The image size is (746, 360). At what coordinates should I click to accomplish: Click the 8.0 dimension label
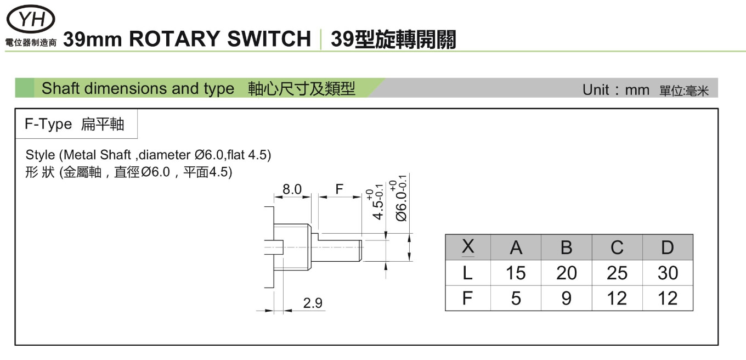pos(292,190)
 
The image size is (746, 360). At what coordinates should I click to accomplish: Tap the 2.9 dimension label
pos(313,302)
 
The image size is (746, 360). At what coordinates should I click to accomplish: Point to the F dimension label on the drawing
pos(340,190)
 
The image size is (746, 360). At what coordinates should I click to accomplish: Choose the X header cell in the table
pos(468,248)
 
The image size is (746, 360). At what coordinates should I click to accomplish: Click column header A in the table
pos(516,248)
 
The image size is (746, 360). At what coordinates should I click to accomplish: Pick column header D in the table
pos(667,248)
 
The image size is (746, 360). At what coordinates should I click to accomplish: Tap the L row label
pos(468,273)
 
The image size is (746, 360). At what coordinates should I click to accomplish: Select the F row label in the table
pos(468,298)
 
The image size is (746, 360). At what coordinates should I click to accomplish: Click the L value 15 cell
pos(516,273)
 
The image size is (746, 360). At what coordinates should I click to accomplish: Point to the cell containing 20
pos(566,273)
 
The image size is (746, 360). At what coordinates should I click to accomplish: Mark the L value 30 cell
pos(667,273)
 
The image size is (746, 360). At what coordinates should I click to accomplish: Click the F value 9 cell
pos(566,298)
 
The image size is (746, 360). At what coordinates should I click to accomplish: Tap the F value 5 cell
pos(516,298)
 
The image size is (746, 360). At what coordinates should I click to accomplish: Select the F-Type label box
pos(75,124)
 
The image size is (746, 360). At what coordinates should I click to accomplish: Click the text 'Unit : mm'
pos(615,90)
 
